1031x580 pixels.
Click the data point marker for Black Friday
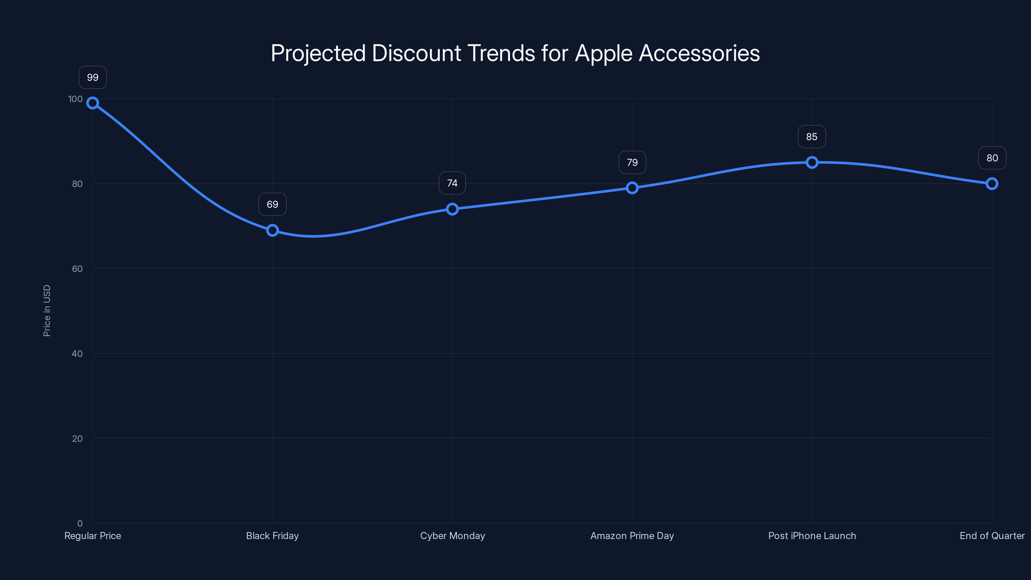click(x=272, y=230)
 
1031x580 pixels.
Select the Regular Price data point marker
click(x=92, y=103)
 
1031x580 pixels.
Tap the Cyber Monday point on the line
click(x=452, y=209)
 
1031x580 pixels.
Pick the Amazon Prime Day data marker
click(x=632, y=188)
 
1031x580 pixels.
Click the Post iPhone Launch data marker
click(x=812, y=162)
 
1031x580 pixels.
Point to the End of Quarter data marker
click(x=992, y=184)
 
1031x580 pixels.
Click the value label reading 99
click(x=92, y=77)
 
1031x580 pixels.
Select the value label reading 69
click(x=272, y=205)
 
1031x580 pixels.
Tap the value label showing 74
click(x=452, y=183)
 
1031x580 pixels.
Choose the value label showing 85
click(x=812, y=137)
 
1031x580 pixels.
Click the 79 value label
click(x=632, y=162)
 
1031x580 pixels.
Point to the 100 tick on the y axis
click(x=75, y=99)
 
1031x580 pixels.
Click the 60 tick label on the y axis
click(x=77, y=269)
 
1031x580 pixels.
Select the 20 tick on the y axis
click(x=77, y=439)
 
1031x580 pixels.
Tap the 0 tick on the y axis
click(x=80, y=524)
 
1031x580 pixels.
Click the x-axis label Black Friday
click(x=272, y=536)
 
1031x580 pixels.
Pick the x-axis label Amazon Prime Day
click(x=632, y=536)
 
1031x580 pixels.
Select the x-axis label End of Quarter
click(x=992, y=536)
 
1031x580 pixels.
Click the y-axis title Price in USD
click(x=47, y=311)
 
